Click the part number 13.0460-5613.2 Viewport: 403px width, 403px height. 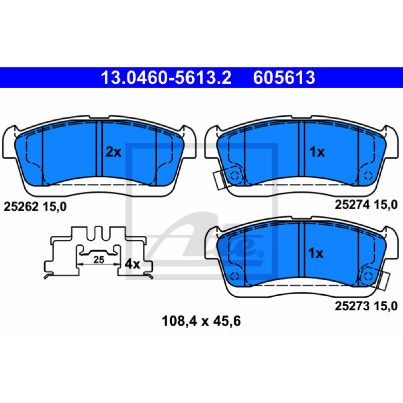pos(166,78)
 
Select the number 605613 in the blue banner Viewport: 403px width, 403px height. pos(284,78)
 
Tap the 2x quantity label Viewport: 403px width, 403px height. pos(113,152)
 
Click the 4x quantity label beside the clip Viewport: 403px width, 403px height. pos(132,264)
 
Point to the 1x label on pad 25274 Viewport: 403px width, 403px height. pos(317,152)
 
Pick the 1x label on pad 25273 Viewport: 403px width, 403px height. pos(316,253)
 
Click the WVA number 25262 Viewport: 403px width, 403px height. pos(21,207)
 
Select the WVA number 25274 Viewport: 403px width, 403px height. pos(352,205)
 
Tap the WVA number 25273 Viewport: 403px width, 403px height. pos(352,306)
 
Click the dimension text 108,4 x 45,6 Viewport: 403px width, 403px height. pos(201,321)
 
